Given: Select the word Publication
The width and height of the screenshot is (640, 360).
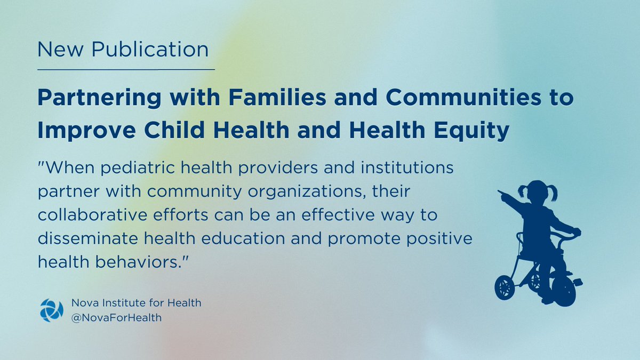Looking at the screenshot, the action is click(150, 49).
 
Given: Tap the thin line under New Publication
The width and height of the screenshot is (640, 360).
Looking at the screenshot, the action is click(126, 69).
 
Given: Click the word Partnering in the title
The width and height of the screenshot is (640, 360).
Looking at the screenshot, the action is click(99, 98).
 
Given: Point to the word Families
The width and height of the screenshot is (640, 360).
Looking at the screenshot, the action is click(277, 97).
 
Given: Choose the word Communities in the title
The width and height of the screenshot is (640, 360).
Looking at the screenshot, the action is click(463, 97).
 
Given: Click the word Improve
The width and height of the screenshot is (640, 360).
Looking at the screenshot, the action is click(87, 131).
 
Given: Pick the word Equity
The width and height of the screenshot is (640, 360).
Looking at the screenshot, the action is click(471, 131).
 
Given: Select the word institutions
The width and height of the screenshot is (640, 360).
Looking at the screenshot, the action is click(407, 167).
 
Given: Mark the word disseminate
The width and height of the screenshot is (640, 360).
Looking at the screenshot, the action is click(88, 238).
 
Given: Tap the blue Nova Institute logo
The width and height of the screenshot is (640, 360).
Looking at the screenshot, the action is click(52, 310).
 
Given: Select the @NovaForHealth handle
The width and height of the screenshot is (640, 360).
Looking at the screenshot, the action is click(116, 318).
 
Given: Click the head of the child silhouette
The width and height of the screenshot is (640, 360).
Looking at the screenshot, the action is click(538, 191).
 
